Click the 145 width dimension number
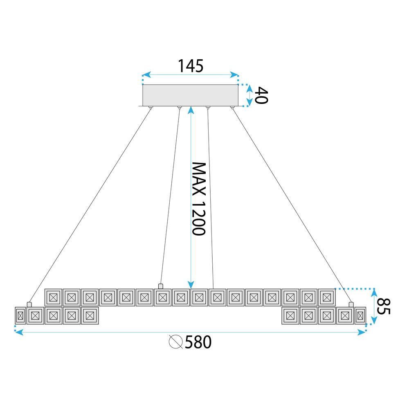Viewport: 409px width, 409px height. pos(190,65)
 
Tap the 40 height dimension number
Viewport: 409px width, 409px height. pos(261,95)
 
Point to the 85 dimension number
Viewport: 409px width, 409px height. pos(383,307)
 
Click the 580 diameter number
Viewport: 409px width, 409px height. pos(198,342)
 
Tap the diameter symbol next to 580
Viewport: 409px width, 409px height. pos(175,342)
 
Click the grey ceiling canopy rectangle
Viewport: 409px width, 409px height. pos(190,95)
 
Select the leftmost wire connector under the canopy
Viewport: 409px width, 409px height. pos(151,108)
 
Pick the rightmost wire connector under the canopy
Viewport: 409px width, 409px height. pos(232,108)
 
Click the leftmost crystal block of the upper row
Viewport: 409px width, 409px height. pos(53,297)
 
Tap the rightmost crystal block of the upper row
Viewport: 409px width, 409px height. pos(327,297)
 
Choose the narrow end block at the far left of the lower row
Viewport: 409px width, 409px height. pos(20,316)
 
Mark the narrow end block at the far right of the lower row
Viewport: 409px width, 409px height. pos(360,316)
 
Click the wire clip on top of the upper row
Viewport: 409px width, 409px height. pos(161,286)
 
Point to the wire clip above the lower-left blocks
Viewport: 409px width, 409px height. pos(29,304)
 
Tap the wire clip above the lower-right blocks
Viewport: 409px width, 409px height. pos(351,304)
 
